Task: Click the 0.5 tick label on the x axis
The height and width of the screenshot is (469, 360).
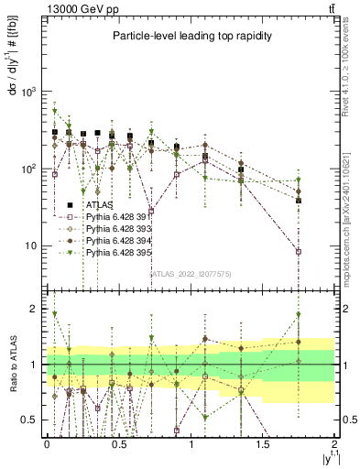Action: tap(118, 442)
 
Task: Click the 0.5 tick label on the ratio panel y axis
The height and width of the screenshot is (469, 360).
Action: tap(33, 420)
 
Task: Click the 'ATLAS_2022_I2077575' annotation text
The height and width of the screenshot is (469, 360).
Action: tap(191, 273)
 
